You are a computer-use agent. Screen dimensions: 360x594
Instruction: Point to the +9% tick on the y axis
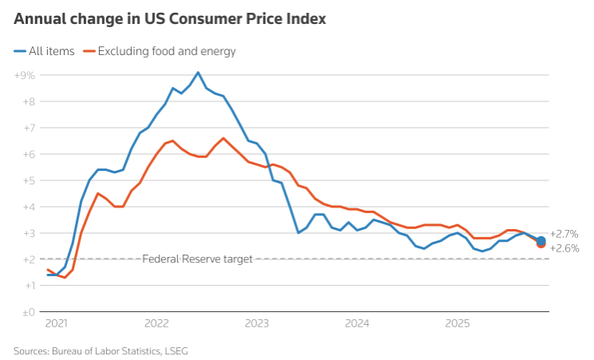[24, 75]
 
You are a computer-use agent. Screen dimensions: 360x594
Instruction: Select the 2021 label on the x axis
[57, 325]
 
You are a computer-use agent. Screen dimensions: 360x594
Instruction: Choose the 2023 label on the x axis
[257, 325]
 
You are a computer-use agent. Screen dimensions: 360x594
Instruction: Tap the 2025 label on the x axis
[457, 325]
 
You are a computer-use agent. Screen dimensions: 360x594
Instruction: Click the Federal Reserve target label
[197, 259]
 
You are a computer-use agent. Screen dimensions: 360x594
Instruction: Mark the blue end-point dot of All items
[541, 240]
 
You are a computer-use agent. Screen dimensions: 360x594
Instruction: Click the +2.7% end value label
[564, 234]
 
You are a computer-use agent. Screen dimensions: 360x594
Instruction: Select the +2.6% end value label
[564, 248]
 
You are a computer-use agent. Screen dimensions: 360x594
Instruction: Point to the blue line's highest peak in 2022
[198, 73]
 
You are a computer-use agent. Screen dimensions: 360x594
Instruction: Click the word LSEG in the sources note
[175, 350]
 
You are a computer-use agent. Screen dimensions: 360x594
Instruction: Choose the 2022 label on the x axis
[156, 325]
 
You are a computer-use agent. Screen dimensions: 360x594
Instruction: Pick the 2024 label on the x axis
[357, 325]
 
